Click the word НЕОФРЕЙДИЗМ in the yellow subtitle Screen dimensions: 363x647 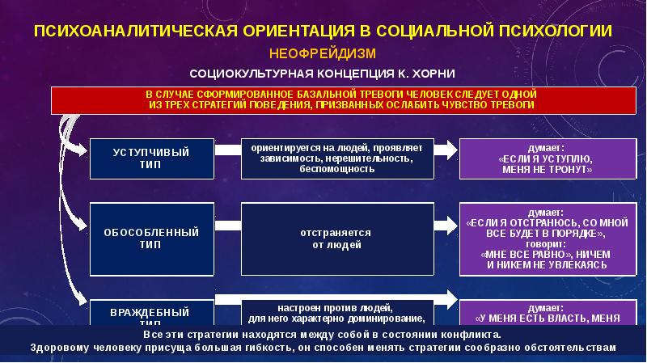324,53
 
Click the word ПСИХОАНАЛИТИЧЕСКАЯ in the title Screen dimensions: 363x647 133,31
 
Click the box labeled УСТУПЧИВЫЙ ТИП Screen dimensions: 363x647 151,158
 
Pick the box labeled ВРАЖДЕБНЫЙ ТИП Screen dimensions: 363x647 151,314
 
